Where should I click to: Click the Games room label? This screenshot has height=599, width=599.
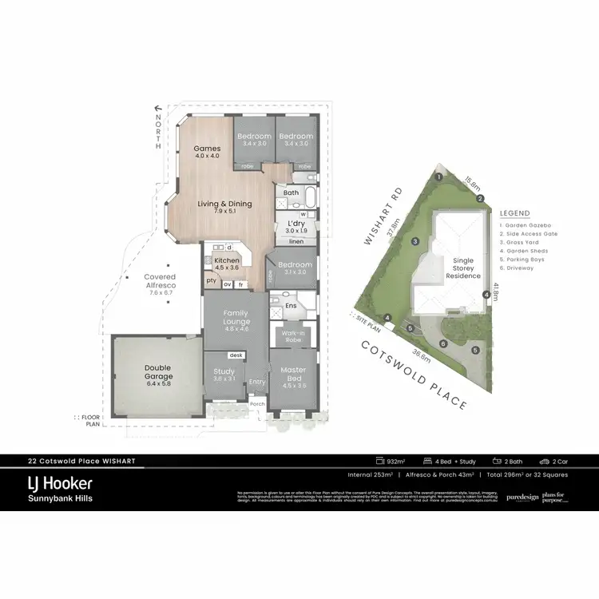207,149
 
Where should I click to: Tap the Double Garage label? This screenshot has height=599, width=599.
158,372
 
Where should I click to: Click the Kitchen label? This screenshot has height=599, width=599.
227,261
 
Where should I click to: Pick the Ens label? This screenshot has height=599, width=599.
292,304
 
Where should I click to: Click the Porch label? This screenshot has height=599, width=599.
257,404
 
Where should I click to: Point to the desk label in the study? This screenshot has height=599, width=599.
236,355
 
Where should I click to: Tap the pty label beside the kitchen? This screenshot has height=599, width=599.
211,280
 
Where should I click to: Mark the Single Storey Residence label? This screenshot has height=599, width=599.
463,268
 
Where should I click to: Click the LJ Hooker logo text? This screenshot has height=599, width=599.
61,483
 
